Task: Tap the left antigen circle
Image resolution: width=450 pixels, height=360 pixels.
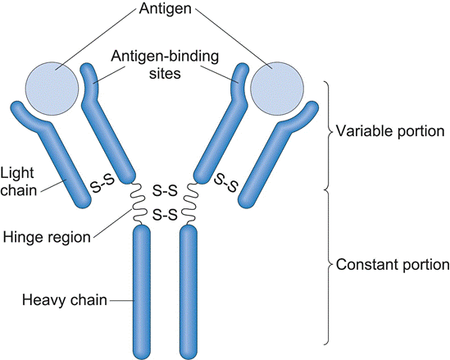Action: click(52, 86)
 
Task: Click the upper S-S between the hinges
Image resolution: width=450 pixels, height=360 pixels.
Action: click(165, 192)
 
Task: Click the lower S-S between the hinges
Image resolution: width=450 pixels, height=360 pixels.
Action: click(165, 216)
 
